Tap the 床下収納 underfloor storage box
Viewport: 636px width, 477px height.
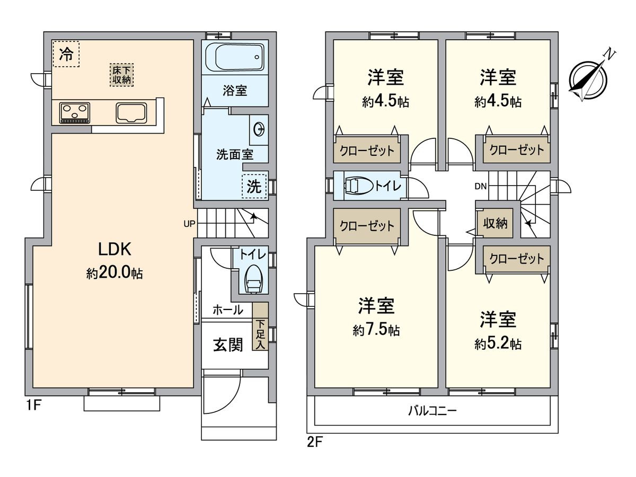122,75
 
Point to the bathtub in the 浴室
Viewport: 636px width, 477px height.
234,58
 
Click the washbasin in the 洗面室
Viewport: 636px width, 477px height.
259,129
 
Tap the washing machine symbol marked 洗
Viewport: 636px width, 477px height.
254,186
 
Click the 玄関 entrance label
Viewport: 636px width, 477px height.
228,345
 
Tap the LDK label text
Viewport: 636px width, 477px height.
113,249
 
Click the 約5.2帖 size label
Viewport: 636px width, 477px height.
498,344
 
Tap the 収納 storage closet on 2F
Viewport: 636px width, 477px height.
495,224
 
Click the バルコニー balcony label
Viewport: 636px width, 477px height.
432,410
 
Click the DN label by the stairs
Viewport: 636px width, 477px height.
480,186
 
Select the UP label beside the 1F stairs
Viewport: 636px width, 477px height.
189,224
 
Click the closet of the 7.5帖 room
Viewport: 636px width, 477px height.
367,226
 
